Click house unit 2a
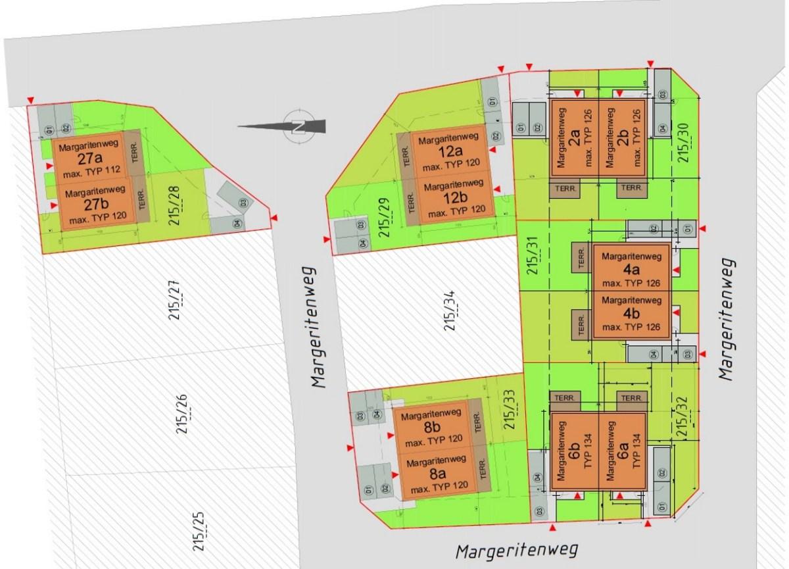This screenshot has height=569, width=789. pos(574,139)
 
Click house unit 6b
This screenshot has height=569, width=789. pos(573,453)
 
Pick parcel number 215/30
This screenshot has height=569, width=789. pos(686,143)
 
